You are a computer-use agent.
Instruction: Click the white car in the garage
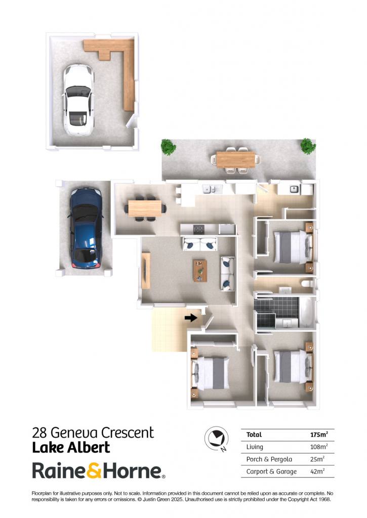[x=78, y=100]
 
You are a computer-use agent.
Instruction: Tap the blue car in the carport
[x=86, y=228]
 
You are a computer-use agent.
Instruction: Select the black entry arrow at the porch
[x=191, y=318]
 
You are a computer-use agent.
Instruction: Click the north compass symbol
[x=217, y=439]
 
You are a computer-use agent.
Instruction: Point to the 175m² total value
[x=319, y=435]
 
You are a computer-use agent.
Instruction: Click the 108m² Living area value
[x=319, y=447]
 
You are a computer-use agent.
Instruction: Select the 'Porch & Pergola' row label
[x=269, y=459]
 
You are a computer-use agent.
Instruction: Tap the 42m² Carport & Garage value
[x=317, y=471]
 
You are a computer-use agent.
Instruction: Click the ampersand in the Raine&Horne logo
[x=95, y=471]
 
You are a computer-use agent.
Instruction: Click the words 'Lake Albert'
[x=71, y=448]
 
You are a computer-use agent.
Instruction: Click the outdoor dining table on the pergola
[x=236, y=159]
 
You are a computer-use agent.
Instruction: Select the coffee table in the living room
[x=200, y=271]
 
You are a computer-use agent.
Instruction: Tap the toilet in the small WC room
[x=308, y=283]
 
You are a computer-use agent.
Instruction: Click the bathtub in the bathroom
[x=306, y=312]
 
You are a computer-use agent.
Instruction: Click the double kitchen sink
[x=211, y=189]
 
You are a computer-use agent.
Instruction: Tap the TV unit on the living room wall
[x=146, y=271]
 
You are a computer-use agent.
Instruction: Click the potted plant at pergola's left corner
[x=169, y=147]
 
